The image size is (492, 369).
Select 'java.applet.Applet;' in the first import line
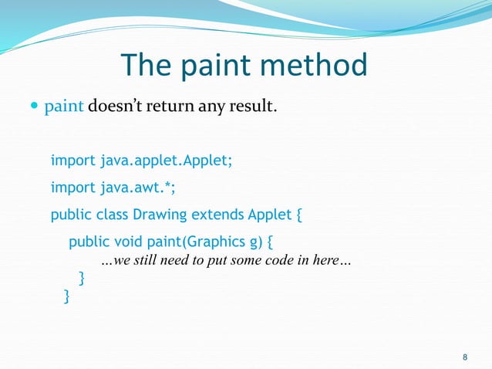(x=166, y=162)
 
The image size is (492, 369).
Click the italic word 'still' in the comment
(x=151, y=261)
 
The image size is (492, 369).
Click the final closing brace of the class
(x=66, y=295)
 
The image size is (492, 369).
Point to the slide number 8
(x=463, y=356)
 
